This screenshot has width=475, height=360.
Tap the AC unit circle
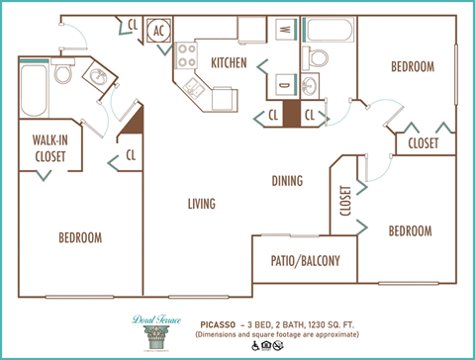pos(159,31)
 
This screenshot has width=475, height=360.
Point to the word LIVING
pos(202,204)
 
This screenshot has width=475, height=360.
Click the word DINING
pos(287,181)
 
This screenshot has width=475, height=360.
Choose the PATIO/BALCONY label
pos(306,262)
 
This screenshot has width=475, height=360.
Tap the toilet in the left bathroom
pos(63,74)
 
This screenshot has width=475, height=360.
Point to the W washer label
pos(284,31)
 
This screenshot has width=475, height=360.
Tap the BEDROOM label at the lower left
pos(79,237)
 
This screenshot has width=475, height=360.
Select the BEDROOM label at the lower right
pos(409,230)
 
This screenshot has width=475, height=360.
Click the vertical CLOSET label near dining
pos(345,201)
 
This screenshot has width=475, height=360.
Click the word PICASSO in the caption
pos(215,321)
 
